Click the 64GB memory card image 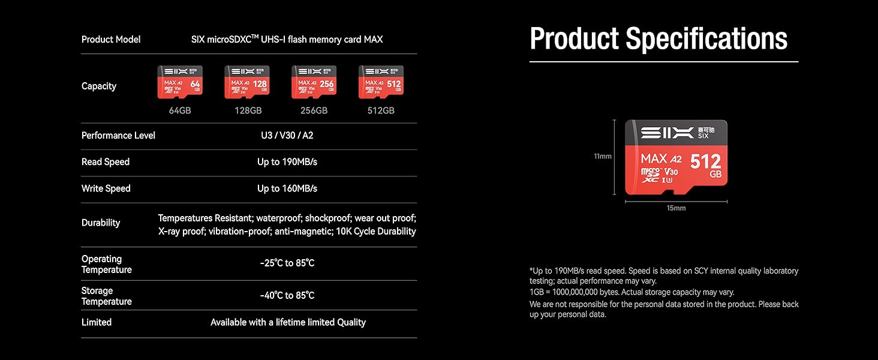(x=180, y=82)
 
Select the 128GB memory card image (x=247, y=82)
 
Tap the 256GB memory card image (x=314, y=82)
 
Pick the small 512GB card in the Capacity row (x=381, y=82)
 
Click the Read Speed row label (x=106, y=162)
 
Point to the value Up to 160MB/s (x=287, y=188)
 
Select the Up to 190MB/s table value (x=287, y=162)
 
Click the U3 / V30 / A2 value (x=287, y=136)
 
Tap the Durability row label (x=101, y=223)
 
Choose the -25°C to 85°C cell (x=287, y=263)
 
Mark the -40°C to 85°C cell (x=287, y=295)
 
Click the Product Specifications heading (x=659, y=39)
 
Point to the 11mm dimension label (x=602, y=157)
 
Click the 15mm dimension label (x=676, y=208)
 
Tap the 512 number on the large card (x=705, y=161)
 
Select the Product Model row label (x=111, y=40)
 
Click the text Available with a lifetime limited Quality (x=288, y=322)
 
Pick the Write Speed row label (x=106, y=188)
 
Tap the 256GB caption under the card (x=314, y=110)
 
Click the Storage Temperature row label (x=107, y=296)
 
